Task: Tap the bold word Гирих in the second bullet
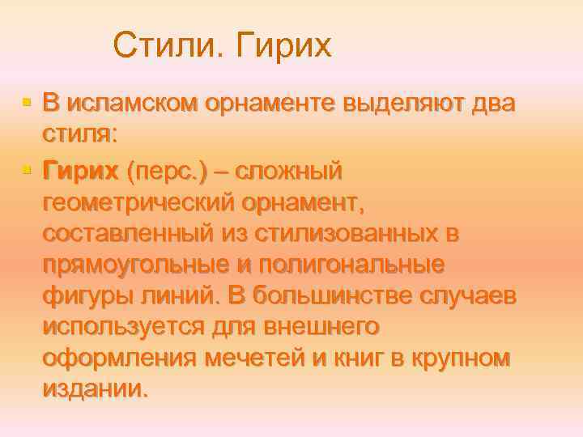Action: click(81, 171)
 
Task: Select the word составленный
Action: click(129, 233)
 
